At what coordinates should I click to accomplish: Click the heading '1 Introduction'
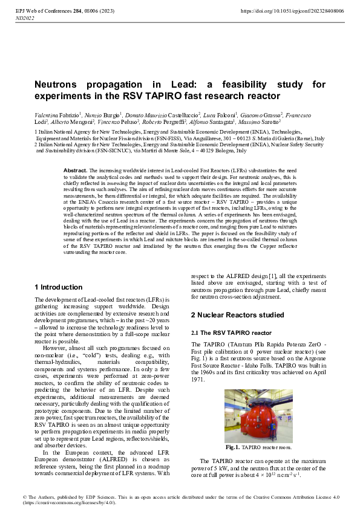coord(59,287)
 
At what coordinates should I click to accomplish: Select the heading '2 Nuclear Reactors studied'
coord(237,315)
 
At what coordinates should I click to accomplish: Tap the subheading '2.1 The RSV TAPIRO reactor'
coord(231,333)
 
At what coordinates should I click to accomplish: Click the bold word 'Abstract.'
coord(76,171)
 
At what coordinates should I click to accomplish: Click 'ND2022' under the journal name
coord(24,19)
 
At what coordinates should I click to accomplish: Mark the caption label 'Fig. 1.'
coord(233,447)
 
